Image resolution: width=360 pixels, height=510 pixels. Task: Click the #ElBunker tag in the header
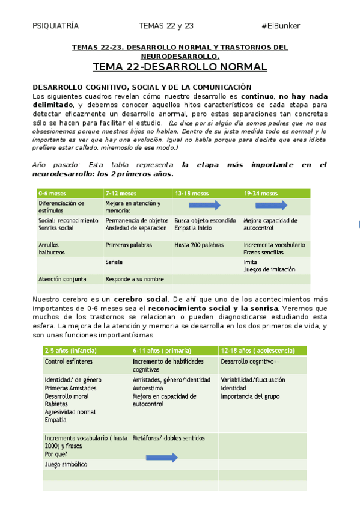281,26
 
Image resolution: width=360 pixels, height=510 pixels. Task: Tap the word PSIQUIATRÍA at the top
55,26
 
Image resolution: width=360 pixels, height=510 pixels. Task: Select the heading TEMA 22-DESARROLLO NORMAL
180,66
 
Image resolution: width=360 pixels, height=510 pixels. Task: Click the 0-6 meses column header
52,194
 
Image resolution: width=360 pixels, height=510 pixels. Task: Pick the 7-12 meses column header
121,194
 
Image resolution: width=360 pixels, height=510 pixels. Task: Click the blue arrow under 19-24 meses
274,206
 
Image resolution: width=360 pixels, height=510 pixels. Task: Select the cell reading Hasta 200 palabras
199,245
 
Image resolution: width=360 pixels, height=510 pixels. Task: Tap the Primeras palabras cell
129,245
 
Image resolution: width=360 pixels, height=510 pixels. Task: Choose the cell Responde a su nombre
135,279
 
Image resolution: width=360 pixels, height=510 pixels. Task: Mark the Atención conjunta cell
63,279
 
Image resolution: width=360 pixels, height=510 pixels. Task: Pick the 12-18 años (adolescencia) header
258,350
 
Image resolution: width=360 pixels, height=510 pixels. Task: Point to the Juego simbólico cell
66,464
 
